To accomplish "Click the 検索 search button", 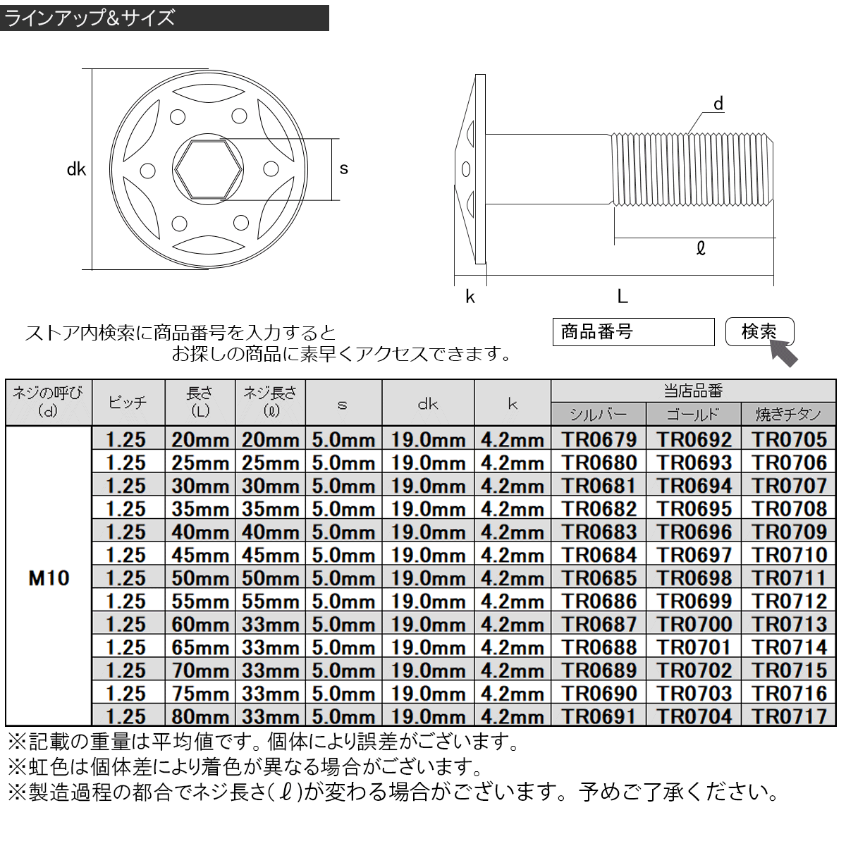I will (x=759, y=331).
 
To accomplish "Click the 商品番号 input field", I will (x=633, y=332).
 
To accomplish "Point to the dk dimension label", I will (x=76, y=169).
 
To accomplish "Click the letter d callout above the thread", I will (x=718, y=104).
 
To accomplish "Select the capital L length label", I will (x=622, y=297).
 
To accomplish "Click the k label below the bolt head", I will (x=470, y=297).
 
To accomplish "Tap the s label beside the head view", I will (x=344, y=168).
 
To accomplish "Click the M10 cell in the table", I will (x=49, y=578).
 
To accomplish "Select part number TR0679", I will (x=599, y=439).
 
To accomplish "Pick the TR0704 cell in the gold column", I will (x=694, y=716).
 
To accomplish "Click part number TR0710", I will (x=788, y=555).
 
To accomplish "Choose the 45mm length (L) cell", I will (x=200, y=555).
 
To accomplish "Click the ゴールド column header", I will (x=694, y=414).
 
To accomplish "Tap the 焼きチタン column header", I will (x=788, y=414).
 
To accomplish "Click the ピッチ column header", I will (x=128, y=403).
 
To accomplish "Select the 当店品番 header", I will (x=693, y=391).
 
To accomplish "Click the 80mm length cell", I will (x=200, y=716).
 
